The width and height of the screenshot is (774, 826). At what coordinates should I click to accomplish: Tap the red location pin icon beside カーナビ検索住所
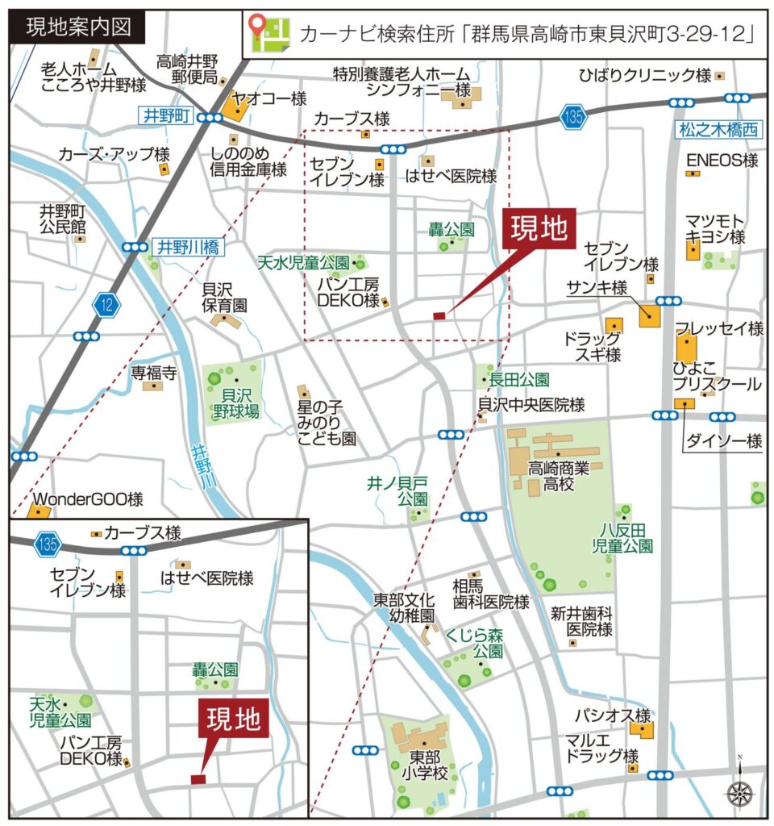(x=259, y=31)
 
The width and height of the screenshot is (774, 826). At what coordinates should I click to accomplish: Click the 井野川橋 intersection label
(x=186, y=247)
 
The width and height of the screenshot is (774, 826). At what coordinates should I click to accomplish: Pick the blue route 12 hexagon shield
(x=107, y=304)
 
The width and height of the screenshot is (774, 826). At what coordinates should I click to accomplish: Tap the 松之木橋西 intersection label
(x=718, y=127)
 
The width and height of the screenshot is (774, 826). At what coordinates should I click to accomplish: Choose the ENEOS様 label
(x=722, y=161)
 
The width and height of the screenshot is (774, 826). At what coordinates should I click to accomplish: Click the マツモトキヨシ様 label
(x=715, y=228)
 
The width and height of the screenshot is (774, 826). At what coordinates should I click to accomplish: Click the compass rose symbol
(x=739, y=792)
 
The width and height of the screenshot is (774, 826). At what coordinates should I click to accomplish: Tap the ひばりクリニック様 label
(x=645, y=76)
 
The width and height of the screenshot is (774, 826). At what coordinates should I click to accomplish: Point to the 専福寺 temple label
(x=154, y=373)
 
